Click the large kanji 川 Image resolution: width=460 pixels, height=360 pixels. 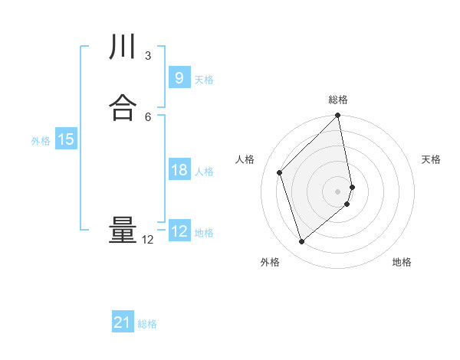(123, 47)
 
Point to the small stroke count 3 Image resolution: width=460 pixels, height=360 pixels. (148, 56)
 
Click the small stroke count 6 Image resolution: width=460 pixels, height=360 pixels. (148, 116)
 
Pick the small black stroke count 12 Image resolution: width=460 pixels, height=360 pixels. (148, 240)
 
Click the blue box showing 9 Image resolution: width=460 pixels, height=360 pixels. (179, 77)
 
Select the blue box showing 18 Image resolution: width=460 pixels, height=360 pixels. (179, 170)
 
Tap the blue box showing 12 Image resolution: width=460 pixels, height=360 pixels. (179, 231)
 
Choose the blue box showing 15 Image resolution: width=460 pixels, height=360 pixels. (66, 139)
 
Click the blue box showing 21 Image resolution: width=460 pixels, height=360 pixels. (123, 323)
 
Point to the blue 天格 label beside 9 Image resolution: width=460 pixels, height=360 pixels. (204, 79)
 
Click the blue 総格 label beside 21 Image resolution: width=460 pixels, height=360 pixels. (147, 324)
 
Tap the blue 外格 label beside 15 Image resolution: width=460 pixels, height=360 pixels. (41, 141)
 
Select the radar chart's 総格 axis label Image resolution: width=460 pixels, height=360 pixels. (338, 100)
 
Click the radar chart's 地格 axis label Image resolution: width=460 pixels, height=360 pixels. (402, 262)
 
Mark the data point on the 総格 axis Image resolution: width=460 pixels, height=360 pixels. (338, 116)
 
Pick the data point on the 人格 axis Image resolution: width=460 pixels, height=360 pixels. (280, 172)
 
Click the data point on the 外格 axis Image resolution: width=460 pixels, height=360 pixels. (301, 242)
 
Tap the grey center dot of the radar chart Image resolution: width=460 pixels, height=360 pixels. (338, 191)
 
